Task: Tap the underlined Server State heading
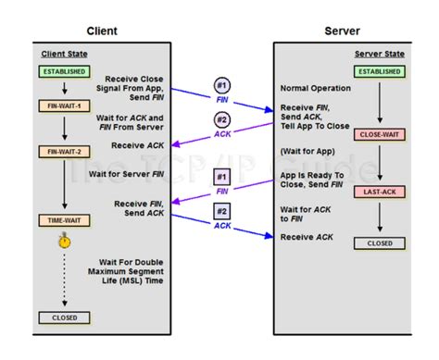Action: point(379,55)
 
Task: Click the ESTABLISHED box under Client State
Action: point(63,71)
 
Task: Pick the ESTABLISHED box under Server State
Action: point(379,71)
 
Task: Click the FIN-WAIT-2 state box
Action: point(63,151)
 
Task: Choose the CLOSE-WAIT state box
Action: point(379,135)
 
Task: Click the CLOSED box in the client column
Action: point(63,317)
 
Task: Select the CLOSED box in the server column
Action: point(379,243)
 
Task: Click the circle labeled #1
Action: point(222,86)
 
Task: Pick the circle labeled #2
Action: point(222,120)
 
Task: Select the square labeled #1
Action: point(222,177)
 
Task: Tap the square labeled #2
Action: point(222,211)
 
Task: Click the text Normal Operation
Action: point(314,88)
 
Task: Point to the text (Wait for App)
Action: point(308,150)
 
